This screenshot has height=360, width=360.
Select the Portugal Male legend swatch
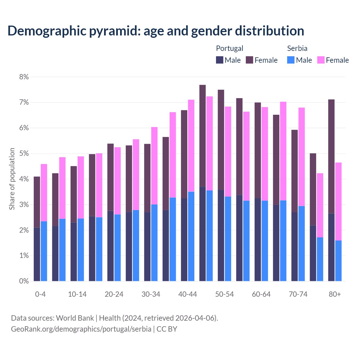click(x=219, y=60)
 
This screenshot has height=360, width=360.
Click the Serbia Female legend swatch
click(x=321, y=60)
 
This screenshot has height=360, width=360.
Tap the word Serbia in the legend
click(x=297, y=48)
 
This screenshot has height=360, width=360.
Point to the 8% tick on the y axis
click(x=24, y=77)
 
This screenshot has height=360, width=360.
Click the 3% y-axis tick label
click(x=24, y=204)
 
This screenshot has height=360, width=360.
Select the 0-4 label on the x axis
click(x=40, y=294)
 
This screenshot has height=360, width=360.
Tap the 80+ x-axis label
click(x=335, y=294)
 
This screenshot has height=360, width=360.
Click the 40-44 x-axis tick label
click(x=188, y=294)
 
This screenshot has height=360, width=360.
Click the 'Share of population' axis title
click(x=12, y=179)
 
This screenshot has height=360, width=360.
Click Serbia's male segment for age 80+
click(x=338, y=261)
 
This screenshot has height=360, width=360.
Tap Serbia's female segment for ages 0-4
click(x=44, y=193)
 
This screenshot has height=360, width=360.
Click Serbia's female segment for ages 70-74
click(x=301, y=157)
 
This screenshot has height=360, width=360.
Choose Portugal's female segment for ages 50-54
click(x=221, y=140)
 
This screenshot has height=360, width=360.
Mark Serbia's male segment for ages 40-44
click(x=191, y=236)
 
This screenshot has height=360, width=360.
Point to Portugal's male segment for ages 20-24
click(x=111, y=246)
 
